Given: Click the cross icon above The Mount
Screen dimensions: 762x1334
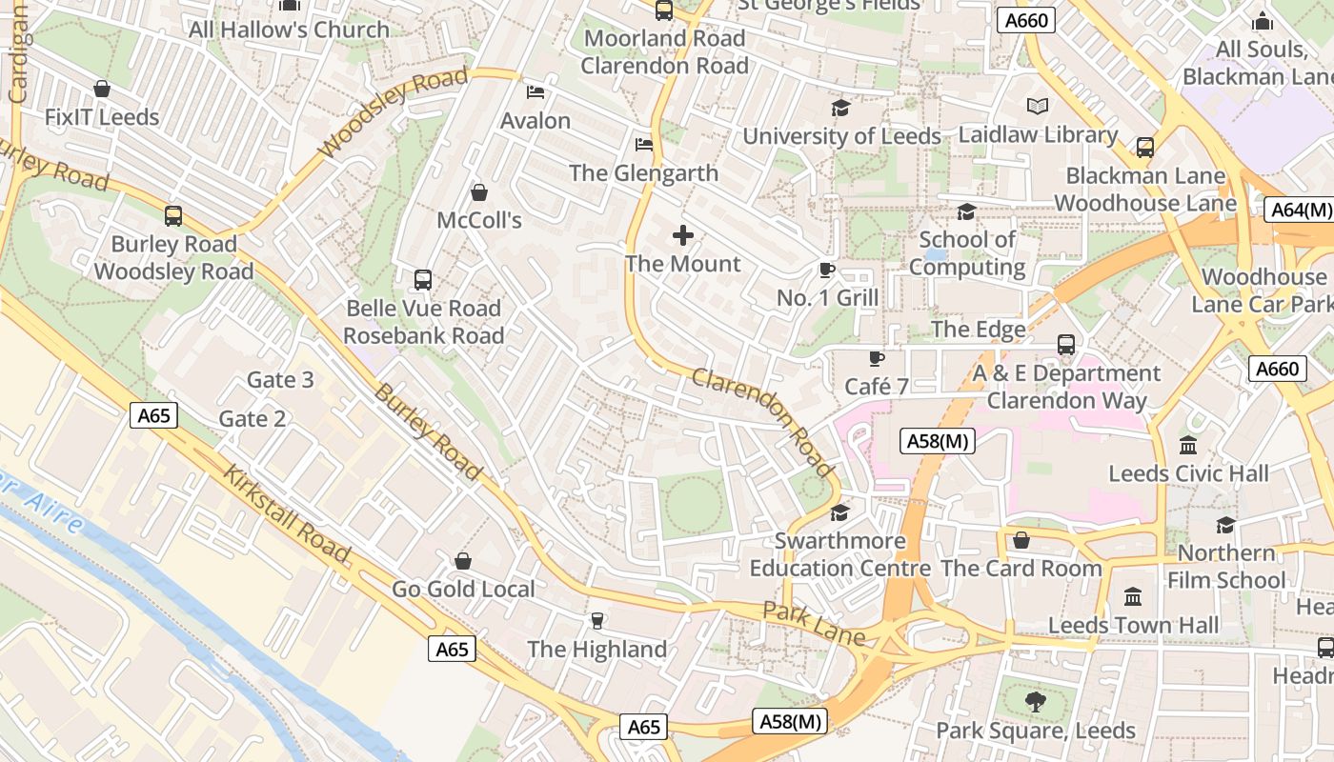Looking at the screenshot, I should click(x=683, y=235).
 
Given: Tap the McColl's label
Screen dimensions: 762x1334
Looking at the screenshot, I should click(x=479, y=220).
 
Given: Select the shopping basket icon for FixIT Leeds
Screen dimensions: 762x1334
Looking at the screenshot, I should click(x=102, y=89).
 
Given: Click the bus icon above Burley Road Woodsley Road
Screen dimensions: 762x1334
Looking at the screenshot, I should click(x=172, y=215).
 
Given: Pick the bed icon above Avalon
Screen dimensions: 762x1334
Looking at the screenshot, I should click(x=536, y=92).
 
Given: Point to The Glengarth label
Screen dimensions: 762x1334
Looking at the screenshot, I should click(x=643, y=173).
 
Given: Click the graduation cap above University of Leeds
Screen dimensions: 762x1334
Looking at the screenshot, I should click(x=839, y=108).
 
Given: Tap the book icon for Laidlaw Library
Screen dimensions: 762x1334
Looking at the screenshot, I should click(x=1038, y=107).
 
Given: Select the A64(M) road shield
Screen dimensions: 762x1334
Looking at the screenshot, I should click(x=1298, y=210).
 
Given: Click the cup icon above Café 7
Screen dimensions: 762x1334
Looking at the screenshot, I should click(x=876, y=358).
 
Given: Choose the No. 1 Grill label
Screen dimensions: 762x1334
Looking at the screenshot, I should click(x=827, y=298).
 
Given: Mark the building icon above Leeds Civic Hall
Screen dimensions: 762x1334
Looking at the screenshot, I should click(x=1187, y=445).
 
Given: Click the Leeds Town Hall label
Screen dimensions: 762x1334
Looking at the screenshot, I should click(x=1133, y=626).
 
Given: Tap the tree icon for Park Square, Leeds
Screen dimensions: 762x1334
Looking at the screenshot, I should click(x=1035, y=703).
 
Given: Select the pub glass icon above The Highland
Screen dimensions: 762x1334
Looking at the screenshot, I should click(x=597, y=621).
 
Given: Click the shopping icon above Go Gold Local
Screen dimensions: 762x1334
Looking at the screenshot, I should click(x=463, y=561).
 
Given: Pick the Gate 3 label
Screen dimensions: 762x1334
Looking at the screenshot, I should click(x=280, y=380).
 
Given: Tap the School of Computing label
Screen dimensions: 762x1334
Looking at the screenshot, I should click(x=966, y=253).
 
